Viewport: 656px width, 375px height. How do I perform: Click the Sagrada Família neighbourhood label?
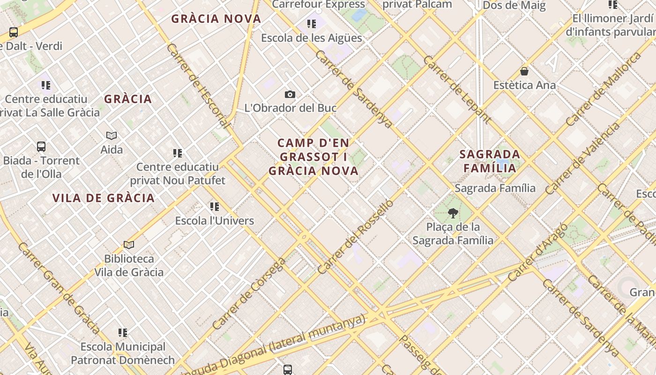(490, 161)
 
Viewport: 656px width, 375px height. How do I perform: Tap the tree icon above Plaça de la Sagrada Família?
(453, 214)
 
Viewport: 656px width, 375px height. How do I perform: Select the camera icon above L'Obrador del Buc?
(290, 95)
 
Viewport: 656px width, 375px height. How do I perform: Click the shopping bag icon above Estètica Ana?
(524, 72)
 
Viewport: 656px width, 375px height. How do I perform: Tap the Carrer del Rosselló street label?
(355, 237)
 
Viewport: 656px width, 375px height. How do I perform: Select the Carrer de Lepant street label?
(457, 90)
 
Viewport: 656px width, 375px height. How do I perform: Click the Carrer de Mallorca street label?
(603, 89)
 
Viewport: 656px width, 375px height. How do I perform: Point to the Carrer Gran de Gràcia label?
(59, 288)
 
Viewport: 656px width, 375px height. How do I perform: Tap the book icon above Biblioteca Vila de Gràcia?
(129, 245)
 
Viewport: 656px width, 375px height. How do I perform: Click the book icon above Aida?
(112, 136)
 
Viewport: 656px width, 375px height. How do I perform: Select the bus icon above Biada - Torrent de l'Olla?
(41, 147)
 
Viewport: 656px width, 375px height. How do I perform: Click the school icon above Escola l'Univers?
(215, 207)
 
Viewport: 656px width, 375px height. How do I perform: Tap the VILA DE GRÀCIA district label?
(104, 198)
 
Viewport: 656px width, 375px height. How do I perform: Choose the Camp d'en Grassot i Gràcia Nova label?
(313, 157)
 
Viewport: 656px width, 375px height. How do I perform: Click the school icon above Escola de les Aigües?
(312, 24)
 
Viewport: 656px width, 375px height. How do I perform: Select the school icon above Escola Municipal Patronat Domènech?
(123, 333)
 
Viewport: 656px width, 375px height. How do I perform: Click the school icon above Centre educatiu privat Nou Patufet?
(178, 153)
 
